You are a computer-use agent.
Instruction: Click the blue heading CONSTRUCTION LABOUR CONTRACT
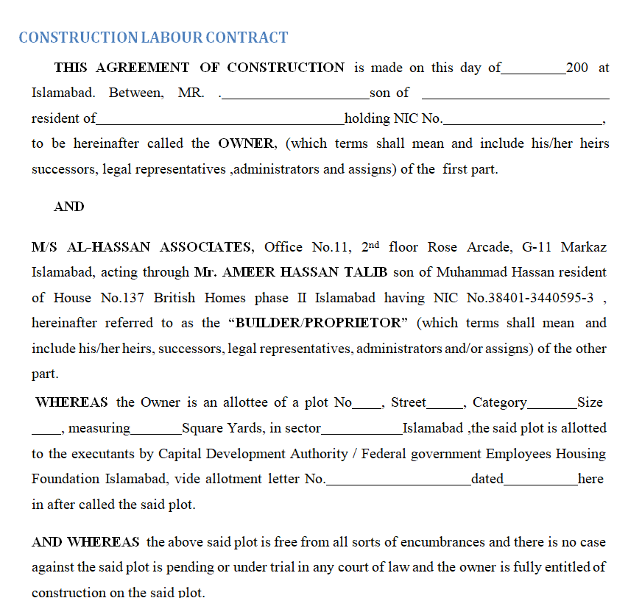click(x=153, y=38)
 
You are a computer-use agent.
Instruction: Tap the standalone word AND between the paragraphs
click(x=69, y=207)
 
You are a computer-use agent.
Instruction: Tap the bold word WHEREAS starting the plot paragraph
click(x=71, y=402)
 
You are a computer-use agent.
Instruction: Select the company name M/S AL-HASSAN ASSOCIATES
click(x=142, y=247)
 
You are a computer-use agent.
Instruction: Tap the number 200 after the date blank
click(x=577, y=68)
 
